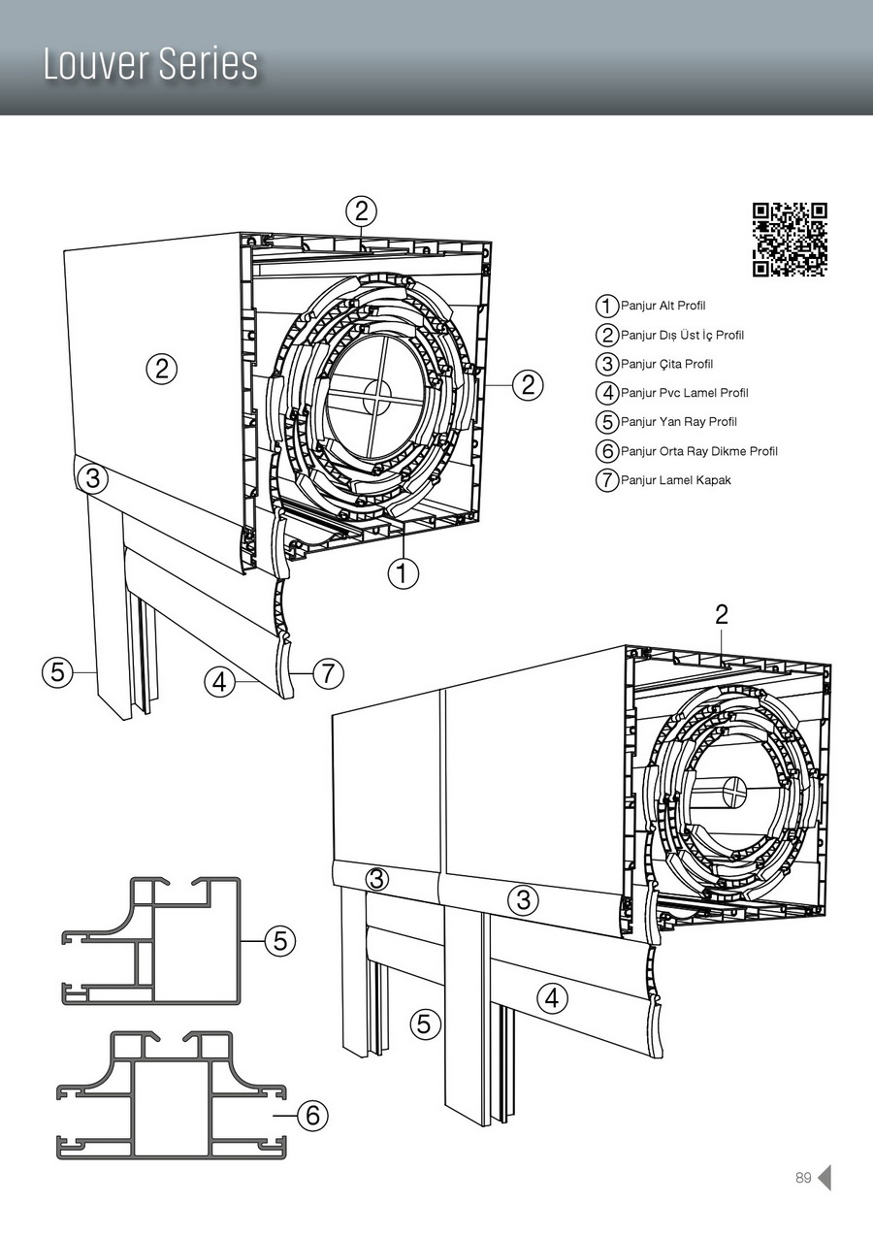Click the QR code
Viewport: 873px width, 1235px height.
pyautogui.click(x=791, y=240)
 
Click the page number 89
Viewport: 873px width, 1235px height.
pyautogui.click(x=803, y=1178)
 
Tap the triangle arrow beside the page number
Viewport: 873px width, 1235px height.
pyautogui.click(x=824, y=1178)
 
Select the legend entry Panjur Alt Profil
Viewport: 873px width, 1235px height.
pyautogui.click(x=663, y=306)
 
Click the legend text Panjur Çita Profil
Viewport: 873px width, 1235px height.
pyautogui.click(x=666, y=364)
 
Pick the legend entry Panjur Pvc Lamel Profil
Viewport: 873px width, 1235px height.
pyautogui.click(x=684, y=393)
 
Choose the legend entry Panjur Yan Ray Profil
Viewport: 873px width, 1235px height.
pyautogui.click(x=678, y=422)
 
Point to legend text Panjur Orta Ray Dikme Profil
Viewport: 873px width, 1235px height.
pyautogui.click(x=698, y=451)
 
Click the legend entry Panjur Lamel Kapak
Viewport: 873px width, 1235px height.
pyautogui.click(x=675, y=480)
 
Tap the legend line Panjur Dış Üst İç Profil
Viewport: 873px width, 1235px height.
pyautogui.click(x=682, y=335)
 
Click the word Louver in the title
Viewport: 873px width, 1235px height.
pyautogui.click(x=94, y=64)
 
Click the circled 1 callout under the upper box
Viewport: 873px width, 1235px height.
pyautogui.click(x=403, y=572)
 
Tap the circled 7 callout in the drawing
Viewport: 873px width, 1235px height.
pyautogui.click(x=329, y=672)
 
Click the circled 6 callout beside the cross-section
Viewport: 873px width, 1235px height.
pyautogui.click(x=312, y=1116)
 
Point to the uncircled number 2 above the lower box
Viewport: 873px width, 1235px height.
pyautogui.click(x=721, y=613)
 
